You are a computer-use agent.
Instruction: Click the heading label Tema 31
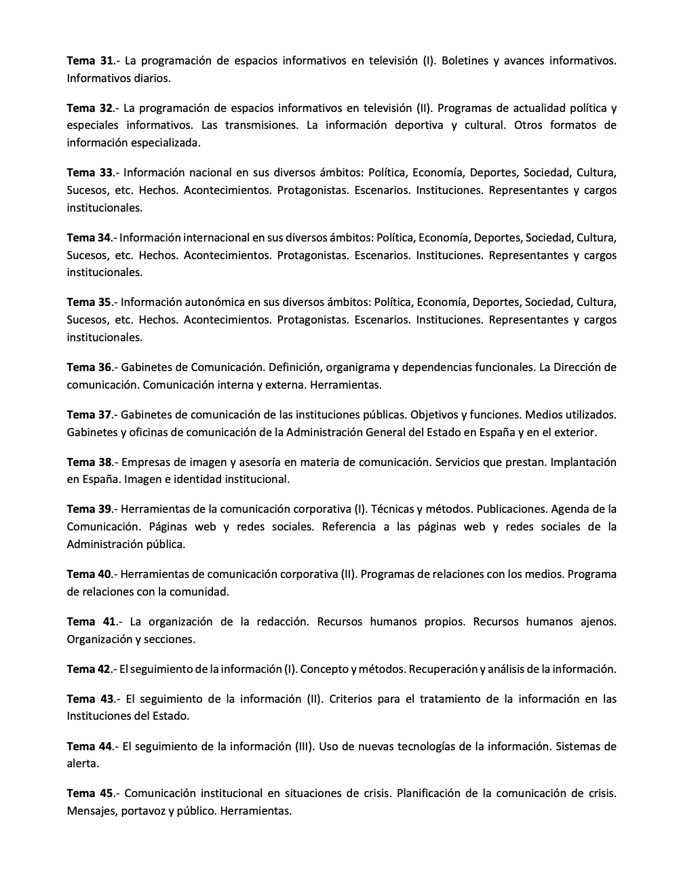[90, 61]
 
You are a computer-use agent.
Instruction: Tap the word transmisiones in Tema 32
[261, 125]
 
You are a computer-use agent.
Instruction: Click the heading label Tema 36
[89, 368]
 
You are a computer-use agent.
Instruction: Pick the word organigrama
[362, 368]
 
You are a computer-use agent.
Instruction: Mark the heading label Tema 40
[89, 575]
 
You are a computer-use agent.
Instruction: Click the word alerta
[83, 764]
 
